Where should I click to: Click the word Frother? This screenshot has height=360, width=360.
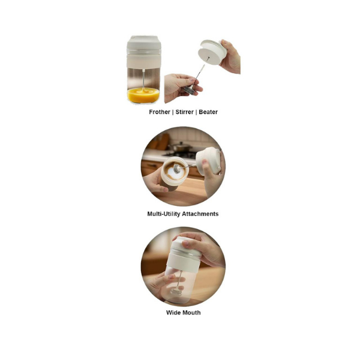(160, 112)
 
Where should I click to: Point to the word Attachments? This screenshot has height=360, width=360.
(200, 214)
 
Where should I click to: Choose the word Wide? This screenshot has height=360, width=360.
(173, 313)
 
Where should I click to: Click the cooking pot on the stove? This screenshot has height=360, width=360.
(179, 148)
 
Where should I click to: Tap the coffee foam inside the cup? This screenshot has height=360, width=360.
(175, 171)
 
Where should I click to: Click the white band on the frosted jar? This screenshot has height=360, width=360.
(183, 257)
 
